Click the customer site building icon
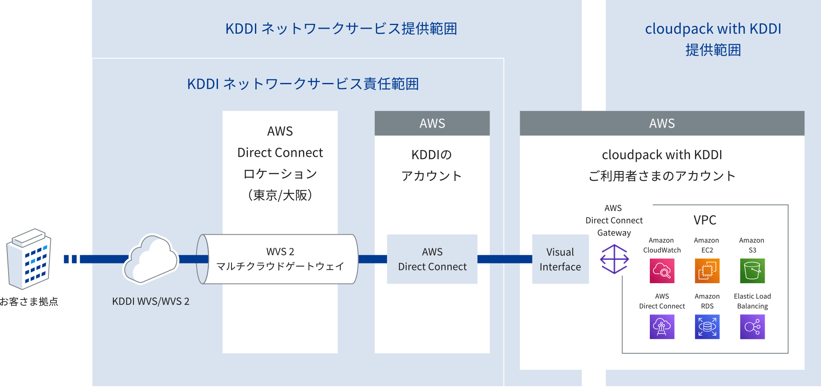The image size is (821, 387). pyautogui.click(x=29, y=259)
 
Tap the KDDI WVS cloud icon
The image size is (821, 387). pyautogui.click(x=151, y=259)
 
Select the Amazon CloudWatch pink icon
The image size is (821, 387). pyautogui.click(x=662, y=271)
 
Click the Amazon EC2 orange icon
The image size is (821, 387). pyautogui.click(x=707, y=271)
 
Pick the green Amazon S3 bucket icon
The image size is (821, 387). pyautogui.click(x=752, y=271)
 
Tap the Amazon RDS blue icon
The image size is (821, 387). pyautogui.click(x=707, y=327)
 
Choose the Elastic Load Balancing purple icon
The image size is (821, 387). pyautogui.click(x=752, y=327)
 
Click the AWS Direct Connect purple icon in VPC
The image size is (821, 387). pyautogui.click(x=662, y=327)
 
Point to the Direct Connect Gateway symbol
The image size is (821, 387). pyautogui.click(x=614, y=259)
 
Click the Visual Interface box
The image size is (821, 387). pyautogui.click(x=560, y=259)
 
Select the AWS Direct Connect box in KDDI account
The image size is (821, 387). pyautogui.click(x=432, y=259)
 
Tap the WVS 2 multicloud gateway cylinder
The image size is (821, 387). pyautogui.click(x=280, y=259)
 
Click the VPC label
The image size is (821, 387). pyautogui.click(x=705, y=220)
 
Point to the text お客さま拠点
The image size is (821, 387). pyautogui.click(x=29, y=302)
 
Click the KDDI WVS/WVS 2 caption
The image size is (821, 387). pyautogui.click(x=151, y=301)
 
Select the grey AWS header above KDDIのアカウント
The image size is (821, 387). pyautogui.click(x=432, y=123)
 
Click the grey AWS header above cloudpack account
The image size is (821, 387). pyautogui.click(x=662, y=123)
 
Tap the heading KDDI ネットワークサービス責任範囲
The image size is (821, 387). pyautogui.click(x=303, y=84)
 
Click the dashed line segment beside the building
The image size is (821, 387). pyautogui.click(x=70, y=259)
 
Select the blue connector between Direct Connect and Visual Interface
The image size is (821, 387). pyautogui.click(x=505, y=259)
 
